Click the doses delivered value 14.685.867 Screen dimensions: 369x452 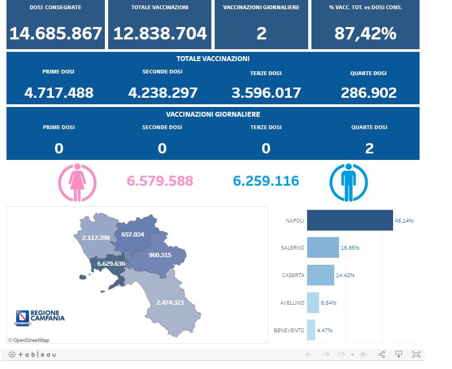[56, 33]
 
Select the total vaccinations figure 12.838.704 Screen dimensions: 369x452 [160, 33]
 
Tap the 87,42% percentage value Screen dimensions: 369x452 [365, 33]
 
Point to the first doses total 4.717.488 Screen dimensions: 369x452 [59, 92]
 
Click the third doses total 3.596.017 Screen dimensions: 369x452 [266, 92]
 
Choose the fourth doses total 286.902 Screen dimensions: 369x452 [369, 92]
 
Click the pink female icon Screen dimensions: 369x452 [77, 182]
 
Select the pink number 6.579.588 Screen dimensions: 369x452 [159, 180]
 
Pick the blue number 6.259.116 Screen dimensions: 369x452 [266, 180]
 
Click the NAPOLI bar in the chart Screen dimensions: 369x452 [349, 220]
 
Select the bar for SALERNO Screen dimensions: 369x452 [323, 247]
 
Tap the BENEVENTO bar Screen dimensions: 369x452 [311, 330]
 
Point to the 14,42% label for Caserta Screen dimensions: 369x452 [345, 275]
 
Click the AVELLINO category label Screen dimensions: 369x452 [292, 303]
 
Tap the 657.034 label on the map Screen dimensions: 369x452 [133, 234]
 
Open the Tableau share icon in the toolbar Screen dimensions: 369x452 [382, 354]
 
